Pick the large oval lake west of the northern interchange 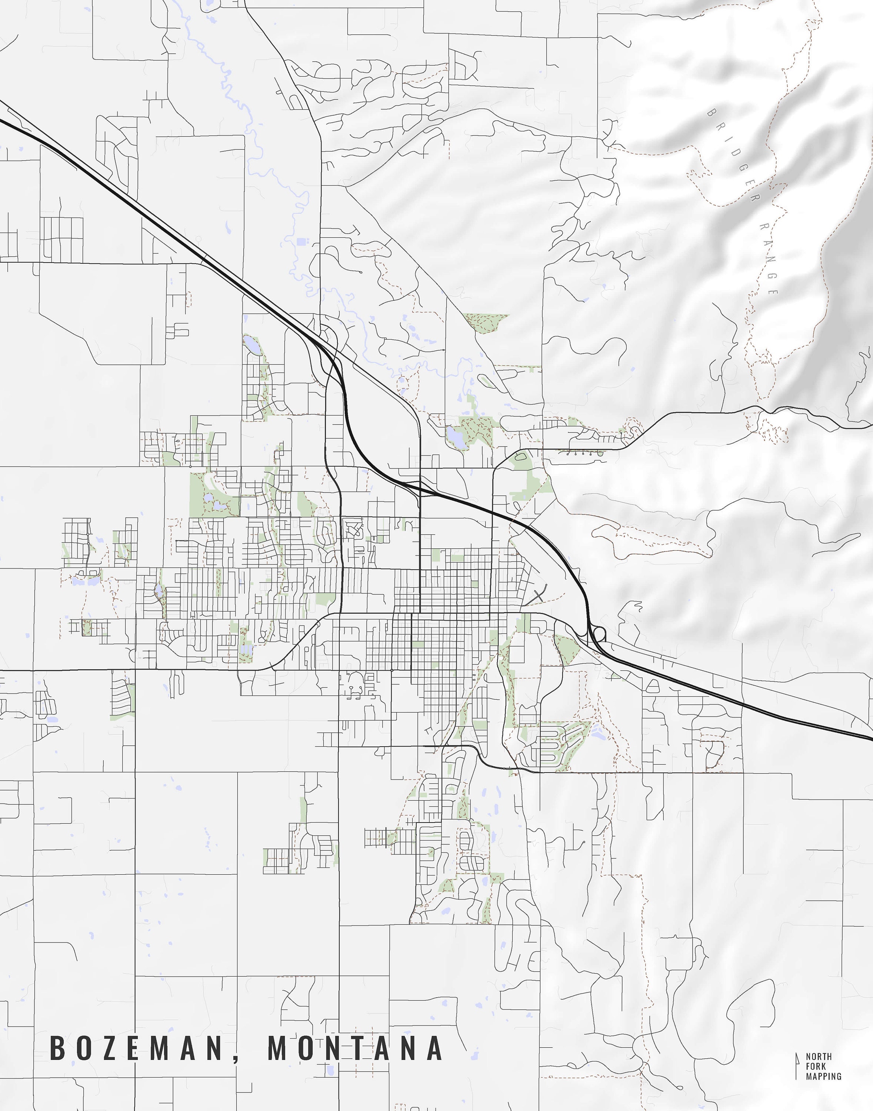point(251,344)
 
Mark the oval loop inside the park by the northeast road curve point(521,459)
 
